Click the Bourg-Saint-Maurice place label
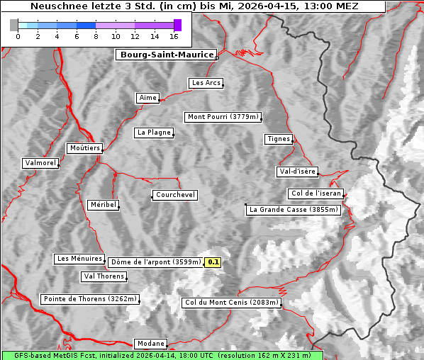pyautogui.click(x=166, y=55)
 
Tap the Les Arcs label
pyautogui.click(x=206, y=83)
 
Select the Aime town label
pyautogui.click(x=148, y=98)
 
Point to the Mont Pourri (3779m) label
pyautogui.click(x=223, y=117)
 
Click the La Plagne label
pyautogui.click(x=154, y=133)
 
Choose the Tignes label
pyautogui.click(x=279, y=139)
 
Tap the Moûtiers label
pyautogui.click(x=84, y=148)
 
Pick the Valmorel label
pyautogui.click(x=40, y=163)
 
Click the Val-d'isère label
pyautogui.click(x=297, y=171)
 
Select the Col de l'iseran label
pyautogui.click(x=316, y=193)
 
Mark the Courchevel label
pyautogui.click(x=174, y=195)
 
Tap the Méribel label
pyautogui.click(x=103, y=205)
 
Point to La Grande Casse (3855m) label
pyautogui.click(x=294, y=210)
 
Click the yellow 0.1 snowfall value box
pyautogui.click(x=213, y=262)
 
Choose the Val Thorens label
pyautogui.click(x=104, y=277)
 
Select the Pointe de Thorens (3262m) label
pyautogui.click(x=89, y=299)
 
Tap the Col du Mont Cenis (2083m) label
pyautogui.click(x=231, y=303)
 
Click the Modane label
pyautogui.click(x=150, y=344)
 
